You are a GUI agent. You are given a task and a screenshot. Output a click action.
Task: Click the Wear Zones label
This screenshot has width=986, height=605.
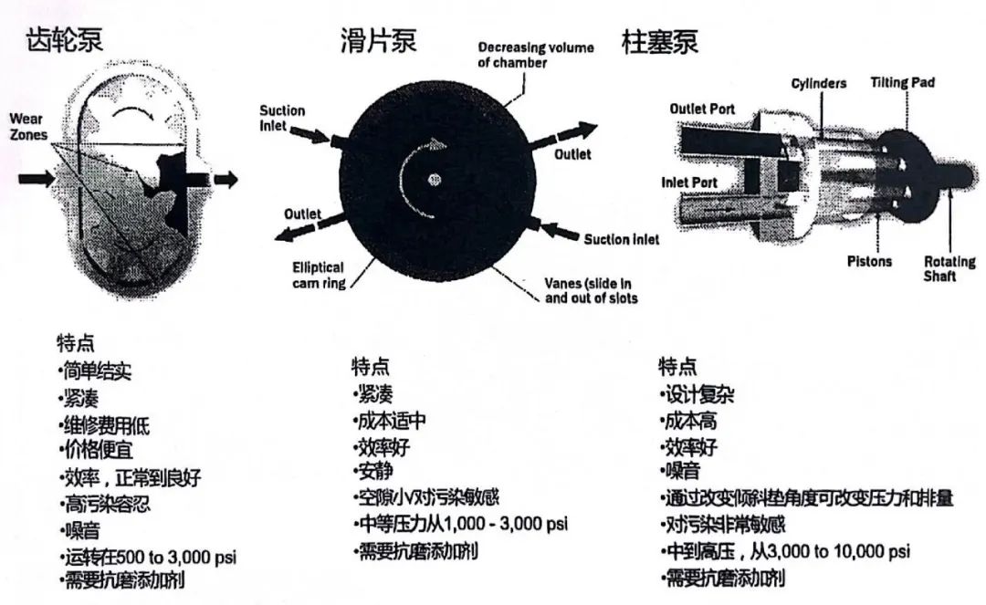click(28, 127)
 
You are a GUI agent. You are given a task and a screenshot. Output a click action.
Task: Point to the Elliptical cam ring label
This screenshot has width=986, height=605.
click(318, 275)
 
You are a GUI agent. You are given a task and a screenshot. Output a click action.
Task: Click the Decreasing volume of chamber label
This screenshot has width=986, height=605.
click(535, 55)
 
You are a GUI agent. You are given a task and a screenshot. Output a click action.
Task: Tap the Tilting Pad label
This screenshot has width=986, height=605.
click(901, 82)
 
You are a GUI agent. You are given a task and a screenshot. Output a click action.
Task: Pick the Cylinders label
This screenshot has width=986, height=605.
click(818, 83)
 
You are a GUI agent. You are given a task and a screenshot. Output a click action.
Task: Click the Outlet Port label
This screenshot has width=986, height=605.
click(701, 109)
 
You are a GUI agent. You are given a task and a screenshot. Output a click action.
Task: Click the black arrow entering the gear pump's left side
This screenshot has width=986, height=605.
click(37, 178)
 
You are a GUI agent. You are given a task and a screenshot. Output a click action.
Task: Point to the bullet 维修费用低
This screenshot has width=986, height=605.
click(104, 424)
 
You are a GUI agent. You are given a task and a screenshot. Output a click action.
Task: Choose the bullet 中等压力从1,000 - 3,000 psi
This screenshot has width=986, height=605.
click(460, 524)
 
